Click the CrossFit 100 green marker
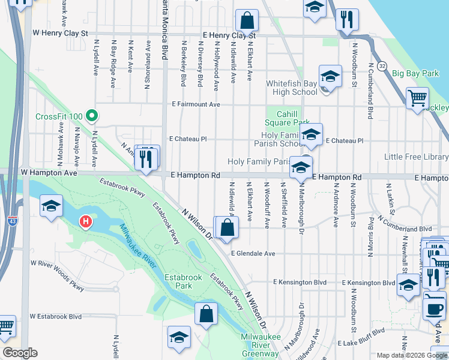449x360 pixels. click(91, 114)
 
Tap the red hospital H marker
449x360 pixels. click(86, 222)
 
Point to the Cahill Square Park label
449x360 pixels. click(292, 118)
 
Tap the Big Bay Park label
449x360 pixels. click(415, 74)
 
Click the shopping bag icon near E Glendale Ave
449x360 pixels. click(228, 228)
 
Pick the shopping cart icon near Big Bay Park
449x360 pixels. click(417, 98)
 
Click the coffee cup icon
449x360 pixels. click(434, 308)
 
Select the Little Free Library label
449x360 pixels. click(416, 157)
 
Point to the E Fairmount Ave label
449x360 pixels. click(195, 104)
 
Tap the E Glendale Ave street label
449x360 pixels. click(252, 254)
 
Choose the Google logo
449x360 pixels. click(19, 353)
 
